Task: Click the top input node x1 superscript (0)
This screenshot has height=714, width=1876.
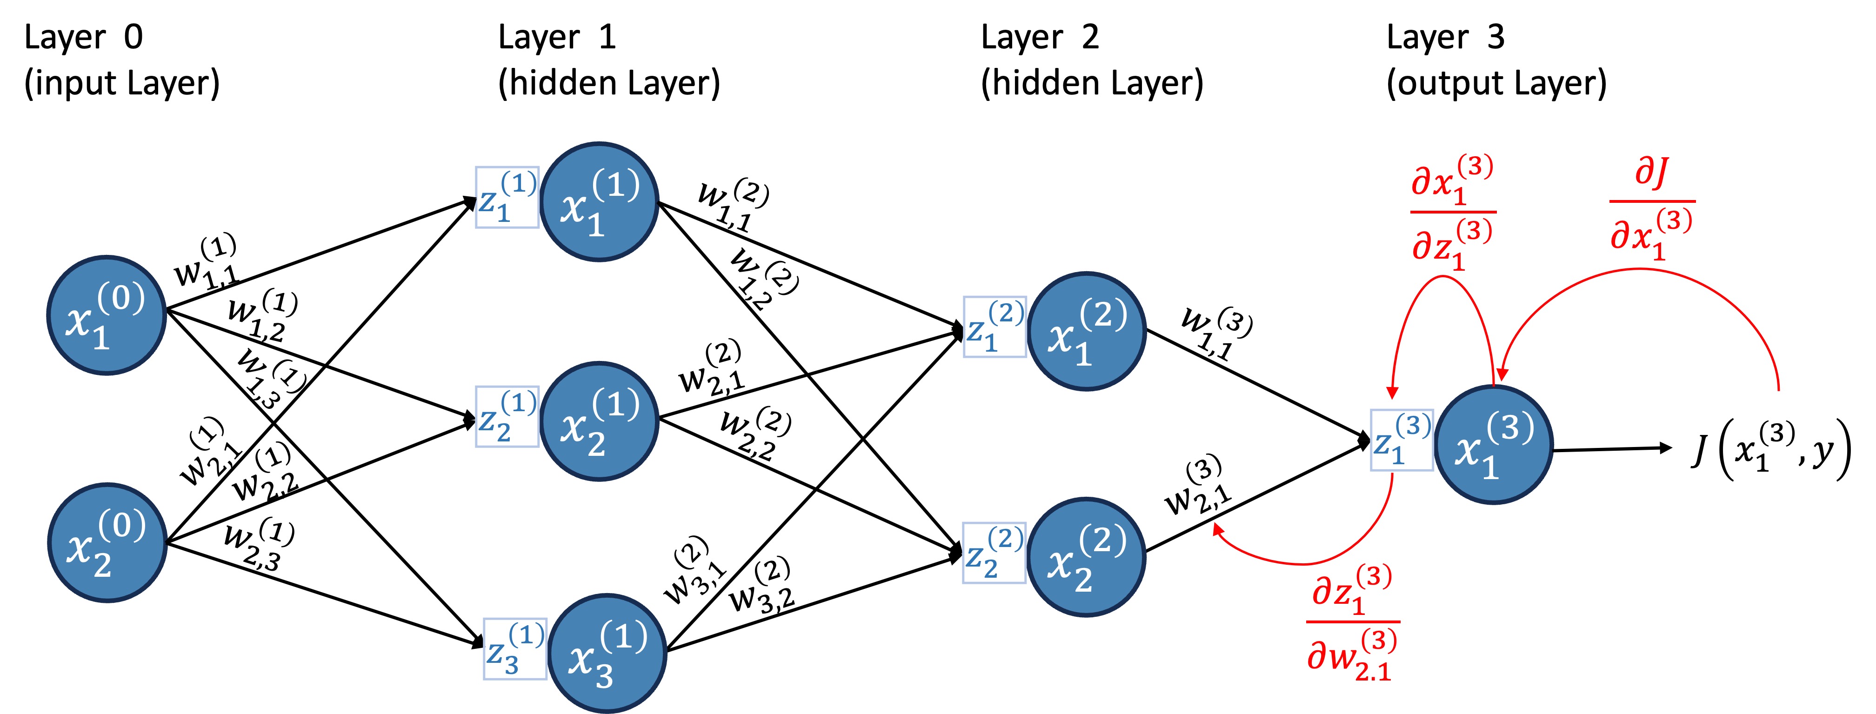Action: tap(107, 315)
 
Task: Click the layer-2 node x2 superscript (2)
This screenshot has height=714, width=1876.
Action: tap(1087, 557)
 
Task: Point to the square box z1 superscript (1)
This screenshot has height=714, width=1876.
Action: tap(507, 197)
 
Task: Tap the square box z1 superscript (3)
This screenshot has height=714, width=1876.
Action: tap(1401, 440)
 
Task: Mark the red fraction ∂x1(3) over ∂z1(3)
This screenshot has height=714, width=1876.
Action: tap(1453, 213)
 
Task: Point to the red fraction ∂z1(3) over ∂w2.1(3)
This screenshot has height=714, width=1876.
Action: tap(1352, 623)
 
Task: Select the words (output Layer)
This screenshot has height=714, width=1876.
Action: tap(1496, 83)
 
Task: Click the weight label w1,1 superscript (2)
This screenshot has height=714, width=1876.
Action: tap(731, 205)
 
